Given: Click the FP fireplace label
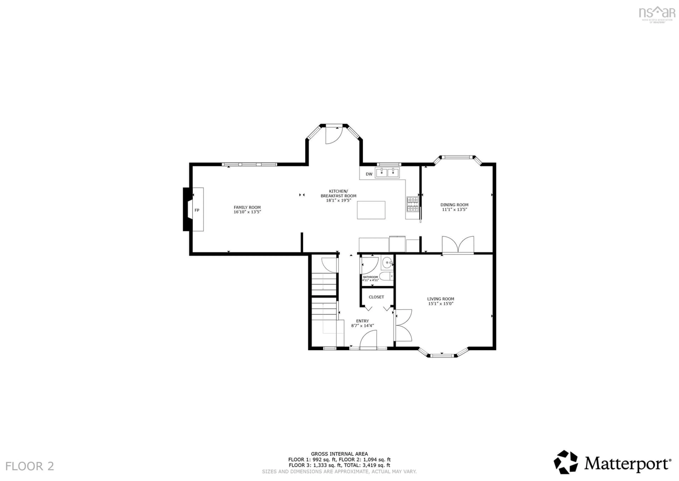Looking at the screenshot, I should [197, 210].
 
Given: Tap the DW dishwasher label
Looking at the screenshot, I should [369, 174].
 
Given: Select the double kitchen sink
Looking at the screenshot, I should [387, 172].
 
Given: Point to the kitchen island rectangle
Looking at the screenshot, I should [371, 210].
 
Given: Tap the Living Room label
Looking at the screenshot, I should [440, 299].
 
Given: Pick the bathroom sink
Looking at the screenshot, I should [387, 262].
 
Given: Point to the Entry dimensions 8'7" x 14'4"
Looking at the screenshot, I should [362, 326].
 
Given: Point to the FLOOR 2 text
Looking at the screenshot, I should [30, 466].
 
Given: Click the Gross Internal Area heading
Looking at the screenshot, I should [339, 453].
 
